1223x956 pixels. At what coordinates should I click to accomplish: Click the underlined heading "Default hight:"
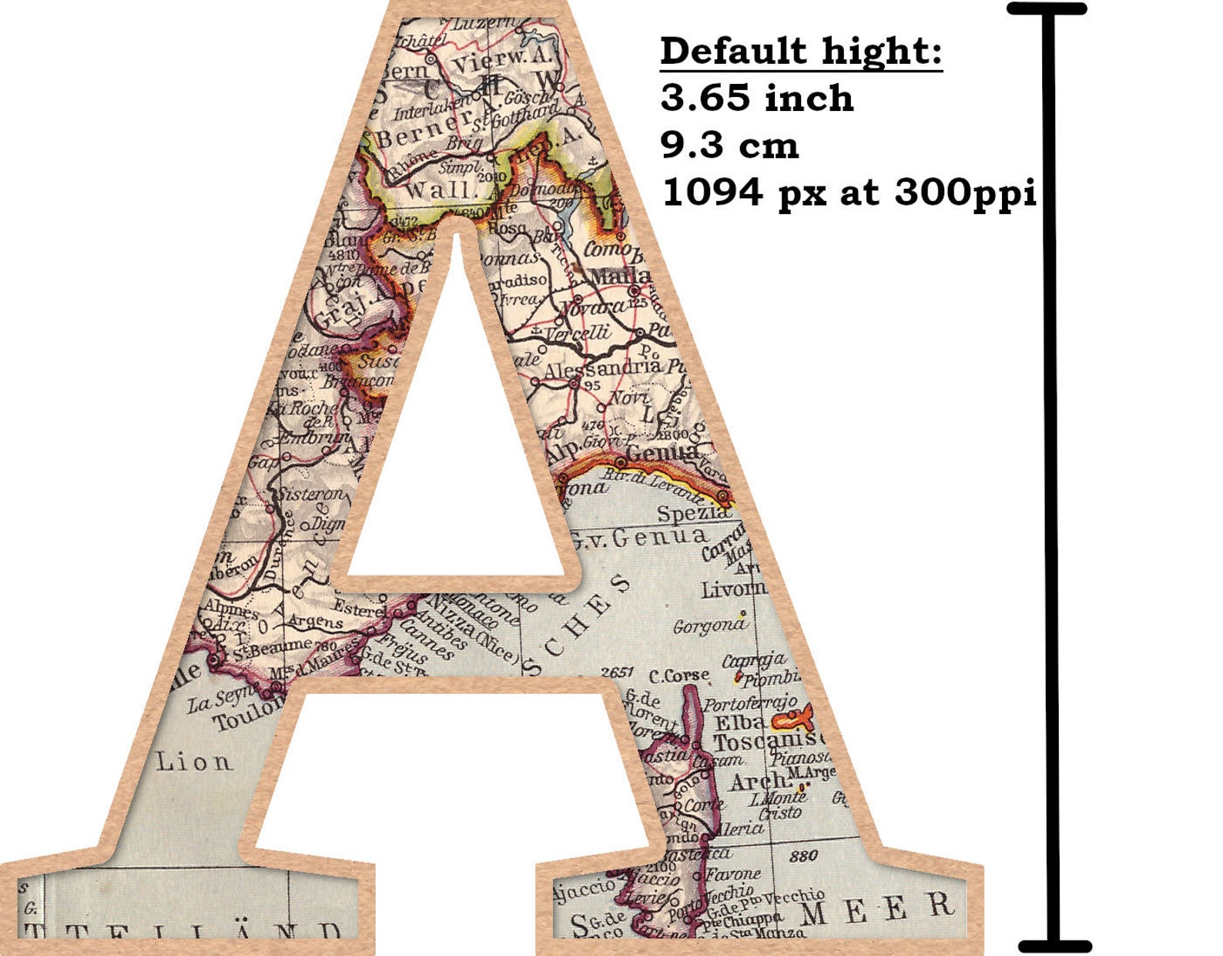click(801, 52)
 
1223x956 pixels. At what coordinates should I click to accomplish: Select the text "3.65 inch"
click(757, 99)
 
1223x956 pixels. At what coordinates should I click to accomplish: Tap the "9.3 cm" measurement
click(729, 145)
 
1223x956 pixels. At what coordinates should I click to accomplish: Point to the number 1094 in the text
click(712, 192)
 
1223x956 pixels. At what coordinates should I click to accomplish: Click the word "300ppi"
click(965, 192)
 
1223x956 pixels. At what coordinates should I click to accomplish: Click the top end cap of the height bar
click(1047, 9)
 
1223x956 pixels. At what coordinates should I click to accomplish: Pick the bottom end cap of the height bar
click(1054, 947)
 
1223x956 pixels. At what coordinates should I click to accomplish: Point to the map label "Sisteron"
click(312, 495)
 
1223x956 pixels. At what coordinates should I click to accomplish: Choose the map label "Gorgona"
click(709, 626)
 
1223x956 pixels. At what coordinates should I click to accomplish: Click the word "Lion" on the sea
click(193, 763)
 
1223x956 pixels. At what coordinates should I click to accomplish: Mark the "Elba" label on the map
click(740, 723)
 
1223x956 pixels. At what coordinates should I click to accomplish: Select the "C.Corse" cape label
click(679, 676)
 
